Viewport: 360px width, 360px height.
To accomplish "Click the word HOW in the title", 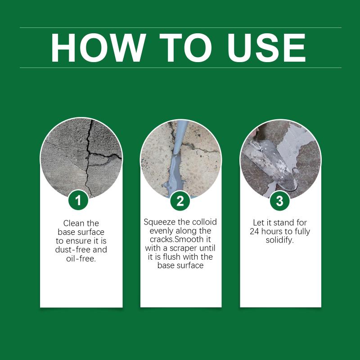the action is coord(98,48).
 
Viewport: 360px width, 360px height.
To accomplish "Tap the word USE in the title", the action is coord(266,48).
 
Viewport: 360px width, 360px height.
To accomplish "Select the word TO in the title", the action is coord(185,48).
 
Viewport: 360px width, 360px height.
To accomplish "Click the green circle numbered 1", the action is coord(78,200).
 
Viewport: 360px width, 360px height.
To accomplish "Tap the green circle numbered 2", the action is coord(180,201).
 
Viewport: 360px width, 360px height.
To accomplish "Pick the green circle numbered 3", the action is coord(279,201).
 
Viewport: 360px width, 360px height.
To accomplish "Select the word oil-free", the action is coord(81,259).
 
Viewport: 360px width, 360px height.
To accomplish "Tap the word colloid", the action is coord(204,222).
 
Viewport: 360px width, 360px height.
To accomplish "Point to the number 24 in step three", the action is coord(254,231).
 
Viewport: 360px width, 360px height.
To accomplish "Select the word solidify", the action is coord(279,240).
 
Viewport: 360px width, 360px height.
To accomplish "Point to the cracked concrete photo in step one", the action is coord(81,158).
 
